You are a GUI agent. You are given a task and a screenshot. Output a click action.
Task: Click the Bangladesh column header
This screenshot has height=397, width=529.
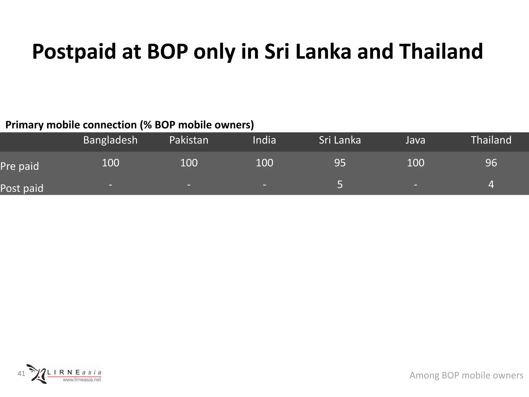click(110, 140)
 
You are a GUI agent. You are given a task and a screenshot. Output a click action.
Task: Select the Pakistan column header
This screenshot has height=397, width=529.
click(189, 140)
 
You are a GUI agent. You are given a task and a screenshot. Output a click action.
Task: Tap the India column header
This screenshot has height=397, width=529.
click(264, 140)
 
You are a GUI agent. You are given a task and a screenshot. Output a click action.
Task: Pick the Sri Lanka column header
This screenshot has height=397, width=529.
click(340, 140)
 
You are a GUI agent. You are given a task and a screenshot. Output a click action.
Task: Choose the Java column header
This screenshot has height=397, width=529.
click(415, 140)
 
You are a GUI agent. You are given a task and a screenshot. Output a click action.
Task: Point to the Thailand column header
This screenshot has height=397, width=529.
click(491, 140)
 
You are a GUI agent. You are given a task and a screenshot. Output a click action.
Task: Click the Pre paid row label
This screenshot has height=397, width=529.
click(20, 166)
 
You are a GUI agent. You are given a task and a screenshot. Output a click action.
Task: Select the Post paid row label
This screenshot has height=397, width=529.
click(22, 188)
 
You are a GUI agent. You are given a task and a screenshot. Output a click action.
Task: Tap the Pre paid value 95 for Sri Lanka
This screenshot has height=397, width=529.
click(340, 163)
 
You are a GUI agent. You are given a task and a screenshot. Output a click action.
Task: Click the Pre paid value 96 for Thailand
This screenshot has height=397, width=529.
click(491, 163)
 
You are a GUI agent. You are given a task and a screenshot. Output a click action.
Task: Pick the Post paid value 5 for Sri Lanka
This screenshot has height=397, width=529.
click(340, 185)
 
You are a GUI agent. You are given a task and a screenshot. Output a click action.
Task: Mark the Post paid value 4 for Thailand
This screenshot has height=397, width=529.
click(491, 185)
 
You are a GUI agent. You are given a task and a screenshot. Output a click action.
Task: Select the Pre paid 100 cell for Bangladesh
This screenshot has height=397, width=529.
click(110, 163)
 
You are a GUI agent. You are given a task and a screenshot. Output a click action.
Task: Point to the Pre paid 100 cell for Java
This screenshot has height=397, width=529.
click(415, 163)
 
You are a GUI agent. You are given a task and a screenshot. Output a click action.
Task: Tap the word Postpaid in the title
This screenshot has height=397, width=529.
click(74, 52)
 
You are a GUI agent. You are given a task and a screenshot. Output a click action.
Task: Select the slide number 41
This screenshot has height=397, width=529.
click(21, 373)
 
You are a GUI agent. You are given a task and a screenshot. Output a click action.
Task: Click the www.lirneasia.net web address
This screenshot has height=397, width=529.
click(82, 380)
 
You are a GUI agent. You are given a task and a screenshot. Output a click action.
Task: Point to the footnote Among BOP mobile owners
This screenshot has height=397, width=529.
click(466, 375)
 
